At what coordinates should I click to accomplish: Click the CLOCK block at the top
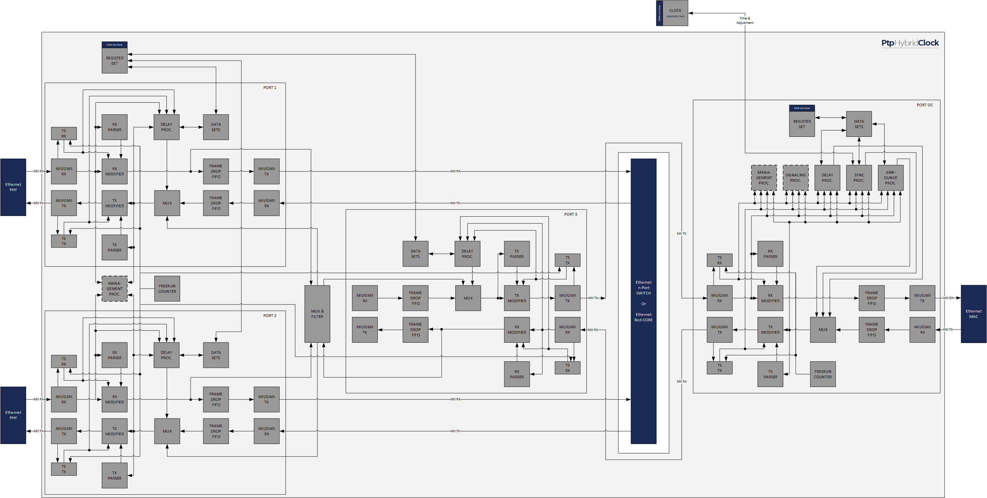[x=675, y=13]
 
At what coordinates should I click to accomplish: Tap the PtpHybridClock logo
[x=910, y=43]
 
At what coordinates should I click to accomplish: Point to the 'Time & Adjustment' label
[x=744, y=20]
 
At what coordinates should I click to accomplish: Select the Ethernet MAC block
[x=973, y=314]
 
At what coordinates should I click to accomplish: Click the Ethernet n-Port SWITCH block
[x=643, y=301]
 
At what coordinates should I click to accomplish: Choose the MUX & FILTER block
[x=317, y=314]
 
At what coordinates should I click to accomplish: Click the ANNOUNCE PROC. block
[x=890, y=178]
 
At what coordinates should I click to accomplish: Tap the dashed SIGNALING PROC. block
[x=795, y=178]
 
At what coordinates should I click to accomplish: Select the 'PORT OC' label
[x=925, y=105]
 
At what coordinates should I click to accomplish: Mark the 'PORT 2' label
[x=269, y=316]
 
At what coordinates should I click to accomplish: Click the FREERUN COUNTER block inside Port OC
[x=823, y=374]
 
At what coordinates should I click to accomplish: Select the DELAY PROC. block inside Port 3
[x=467, y=254]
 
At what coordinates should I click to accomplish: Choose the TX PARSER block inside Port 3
[x=517, y=254]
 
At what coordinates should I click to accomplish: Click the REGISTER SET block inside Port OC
[x=801, y=124]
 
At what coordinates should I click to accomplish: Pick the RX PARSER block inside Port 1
[x=114, y=127]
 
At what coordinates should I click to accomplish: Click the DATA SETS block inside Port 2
[x=216, y=355]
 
